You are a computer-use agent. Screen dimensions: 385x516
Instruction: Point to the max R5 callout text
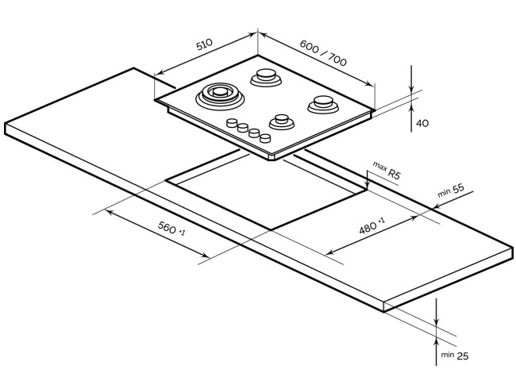tap(387, 171)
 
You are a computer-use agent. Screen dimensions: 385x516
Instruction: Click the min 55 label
tap(450, 192)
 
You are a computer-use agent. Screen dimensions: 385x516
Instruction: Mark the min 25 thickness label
tap(455, 356)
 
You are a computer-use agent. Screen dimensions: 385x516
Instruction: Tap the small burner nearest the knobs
tap(280, 121)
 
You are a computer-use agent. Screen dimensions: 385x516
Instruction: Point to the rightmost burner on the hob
tap(322, 102)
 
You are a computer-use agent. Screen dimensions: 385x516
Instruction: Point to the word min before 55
tap(443, 194)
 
